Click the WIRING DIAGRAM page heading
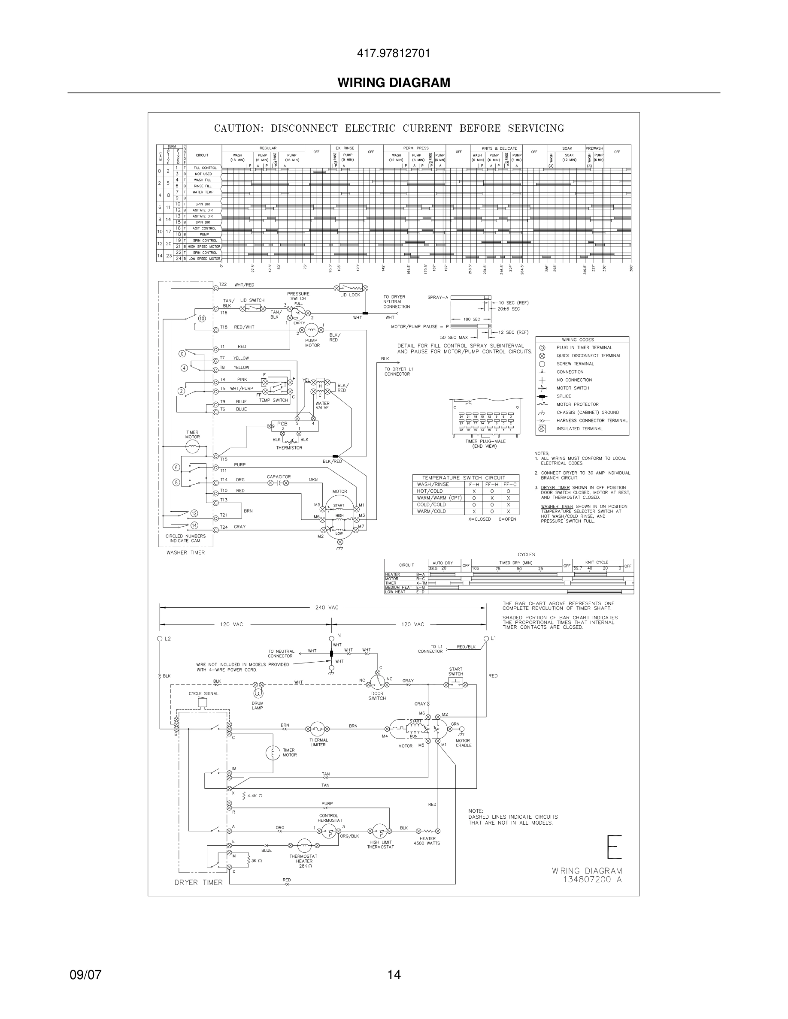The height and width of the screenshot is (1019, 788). pos(394,83)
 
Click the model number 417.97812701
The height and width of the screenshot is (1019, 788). pos(394,54)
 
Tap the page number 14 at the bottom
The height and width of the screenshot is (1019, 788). pos(394,975)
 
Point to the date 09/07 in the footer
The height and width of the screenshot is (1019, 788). pos(85,975)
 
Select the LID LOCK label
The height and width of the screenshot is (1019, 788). pos(350,295)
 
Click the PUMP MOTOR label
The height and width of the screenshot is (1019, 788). pos(312,343)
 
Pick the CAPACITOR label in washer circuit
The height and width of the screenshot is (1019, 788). pos(279,477)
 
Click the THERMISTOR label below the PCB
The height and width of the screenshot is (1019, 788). pos(289,448)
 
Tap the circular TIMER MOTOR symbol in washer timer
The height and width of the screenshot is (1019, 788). pos(192,447)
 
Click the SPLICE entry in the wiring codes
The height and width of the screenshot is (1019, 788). pos(564,396)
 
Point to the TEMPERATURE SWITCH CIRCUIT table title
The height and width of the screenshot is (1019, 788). pos(464,478)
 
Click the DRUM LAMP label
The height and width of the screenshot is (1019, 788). pos(257,705)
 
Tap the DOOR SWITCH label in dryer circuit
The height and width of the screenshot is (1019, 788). pos(377,696)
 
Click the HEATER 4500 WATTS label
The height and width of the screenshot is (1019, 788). pos(427,841)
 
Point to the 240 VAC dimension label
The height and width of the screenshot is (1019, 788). pos(327,607)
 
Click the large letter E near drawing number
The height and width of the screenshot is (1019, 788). pos(614,847)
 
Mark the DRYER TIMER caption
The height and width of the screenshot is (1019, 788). pos(198,882)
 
